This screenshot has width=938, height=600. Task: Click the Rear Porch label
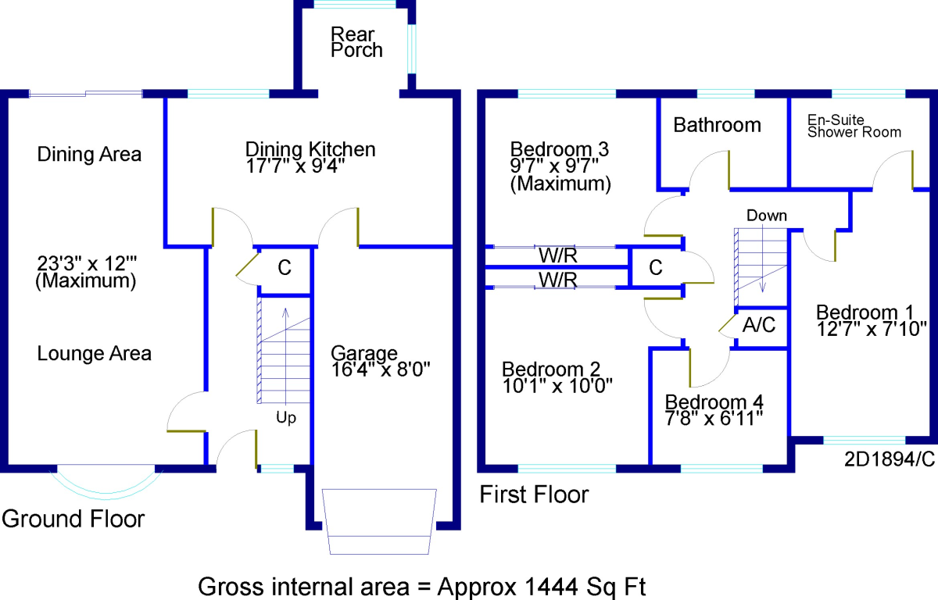pos(356,42)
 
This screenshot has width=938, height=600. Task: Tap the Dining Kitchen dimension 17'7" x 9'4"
pos(295,166)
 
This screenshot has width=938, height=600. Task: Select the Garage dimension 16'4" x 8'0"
pos(380,370)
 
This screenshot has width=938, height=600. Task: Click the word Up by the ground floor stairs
pos(286,417)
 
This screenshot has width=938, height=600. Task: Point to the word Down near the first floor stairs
pos(767,216)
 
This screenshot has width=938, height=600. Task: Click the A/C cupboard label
pos(759,325)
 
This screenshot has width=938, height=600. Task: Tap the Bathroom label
pos(717,125)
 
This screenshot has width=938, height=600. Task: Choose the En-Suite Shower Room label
pos(854,126)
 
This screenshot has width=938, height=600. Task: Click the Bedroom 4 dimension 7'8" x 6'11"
pos(714,419)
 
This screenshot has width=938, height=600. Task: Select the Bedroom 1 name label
pos(865,312)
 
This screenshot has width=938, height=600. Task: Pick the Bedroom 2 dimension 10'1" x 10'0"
pos(557,386)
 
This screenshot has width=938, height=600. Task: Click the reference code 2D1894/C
pos(890,459)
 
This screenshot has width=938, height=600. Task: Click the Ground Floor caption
pos(73,519)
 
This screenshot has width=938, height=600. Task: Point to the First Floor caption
pos(534,495)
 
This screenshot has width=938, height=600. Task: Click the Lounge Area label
pos(95,354)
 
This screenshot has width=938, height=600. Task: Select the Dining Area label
pos(89,155)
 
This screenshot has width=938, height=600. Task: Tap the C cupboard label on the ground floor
pos(285,268)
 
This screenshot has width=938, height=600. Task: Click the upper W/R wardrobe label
pos(558,255)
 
